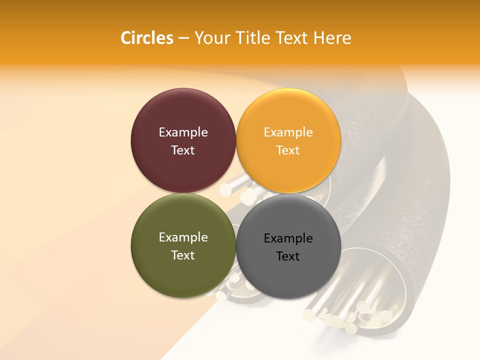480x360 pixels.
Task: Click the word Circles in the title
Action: [146, 38]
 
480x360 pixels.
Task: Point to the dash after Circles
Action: [183, 38]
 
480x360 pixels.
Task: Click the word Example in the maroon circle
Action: [183, 132]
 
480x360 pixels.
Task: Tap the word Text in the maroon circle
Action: [183, 150]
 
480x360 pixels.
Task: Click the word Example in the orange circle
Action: [288, 132]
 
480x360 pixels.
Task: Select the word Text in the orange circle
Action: [288, 150]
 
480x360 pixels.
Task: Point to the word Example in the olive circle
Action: [183, 237]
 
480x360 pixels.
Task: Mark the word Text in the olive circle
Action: [183, 255]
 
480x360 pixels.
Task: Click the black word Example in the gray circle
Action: [288, 238]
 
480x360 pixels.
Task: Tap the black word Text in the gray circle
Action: [288, 256]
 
